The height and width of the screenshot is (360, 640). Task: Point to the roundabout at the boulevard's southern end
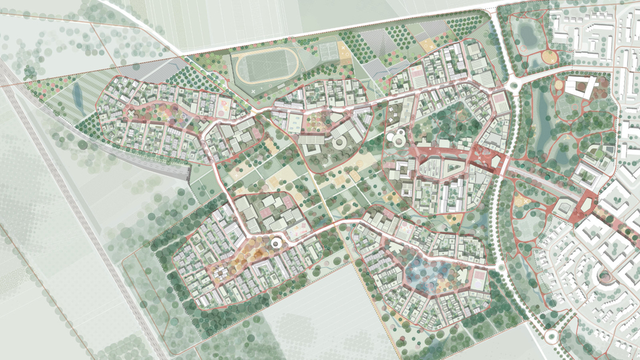coord(551,337)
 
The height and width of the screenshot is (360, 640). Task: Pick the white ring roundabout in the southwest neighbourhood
coord(275,242)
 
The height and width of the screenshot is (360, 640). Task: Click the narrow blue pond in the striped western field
coord(77,96)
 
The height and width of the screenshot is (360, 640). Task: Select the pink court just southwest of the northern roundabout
coord(500,100)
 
